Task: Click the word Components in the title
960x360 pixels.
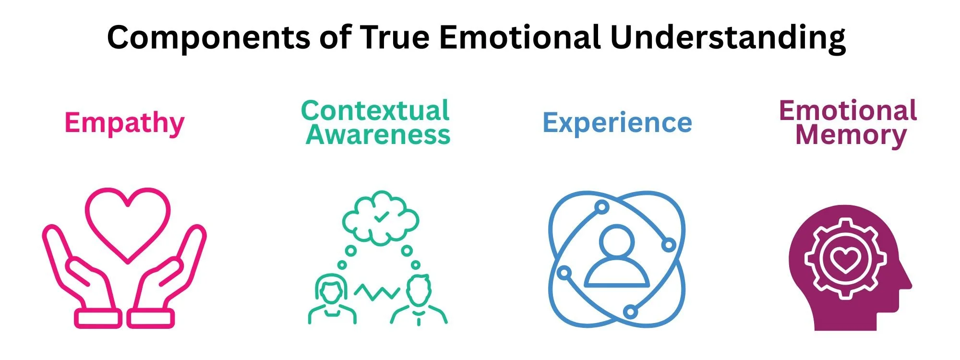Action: [x=208, y=37]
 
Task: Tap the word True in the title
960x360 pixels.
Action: [x=395, y=37]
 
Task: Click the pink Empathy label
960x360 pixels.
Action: [x=124, y=123]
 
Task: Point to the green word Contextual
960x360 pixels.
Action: [x=375, y=110]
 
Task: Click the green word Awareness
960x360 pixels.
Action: [x=378, y=135]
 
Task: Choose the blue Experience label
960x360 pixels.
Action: [x=617, y=123]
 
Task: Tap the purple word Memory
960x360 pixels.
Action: [x=851, y=135]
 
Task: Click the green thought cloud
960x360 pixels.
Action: [x=381, y=218]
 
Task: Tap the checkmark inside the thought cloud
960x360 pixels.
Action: [x=382, y=217]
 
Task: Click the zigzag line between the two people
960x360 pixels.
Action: [x=377, y=291]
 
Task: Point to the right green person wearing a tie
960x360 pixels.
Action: [x=419, y=300]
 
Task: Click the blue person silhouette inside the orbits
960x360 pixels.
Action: [x=617, y=259]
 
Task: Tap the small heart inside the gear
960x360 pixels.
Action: [x=845, y=260]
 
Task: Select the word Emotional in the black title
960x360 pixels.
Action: [x=519, y=37]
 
